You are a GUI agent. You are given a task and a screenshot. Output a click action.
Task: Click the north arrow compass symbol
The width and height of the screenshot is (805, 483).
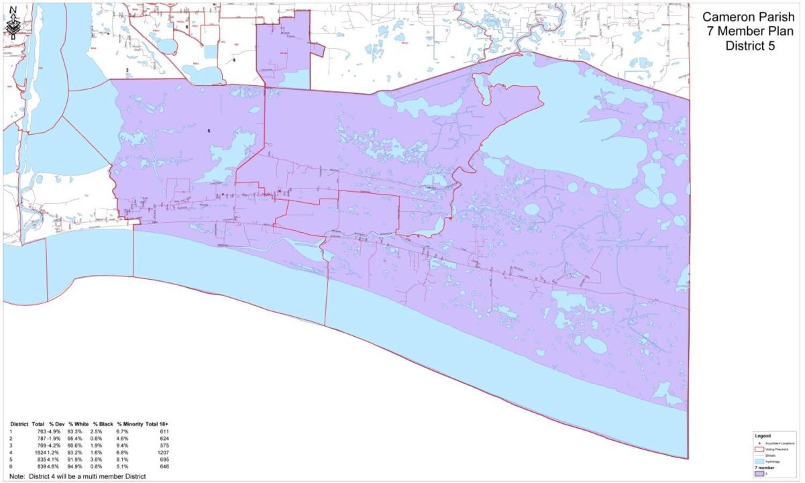click(14, 23)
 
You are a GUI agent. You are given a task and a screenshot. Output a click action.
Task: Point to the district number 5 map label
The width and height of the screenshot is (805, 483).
click(209, 130)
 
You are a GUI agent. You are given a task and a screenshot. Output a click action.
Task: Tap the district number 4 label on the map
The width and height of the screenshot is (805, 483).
click(234, 60)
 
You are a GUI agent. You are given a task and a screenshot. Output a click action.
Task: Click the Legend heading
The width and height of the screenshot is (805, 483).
click(763, 436)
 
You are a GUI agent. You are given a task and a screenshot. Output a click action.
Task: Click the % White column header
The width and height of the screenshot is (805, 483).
click(79, 425)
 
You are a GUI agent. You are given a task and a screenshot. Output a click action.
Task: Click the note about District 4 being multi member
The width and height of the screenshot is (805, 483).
click(78, 476)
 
